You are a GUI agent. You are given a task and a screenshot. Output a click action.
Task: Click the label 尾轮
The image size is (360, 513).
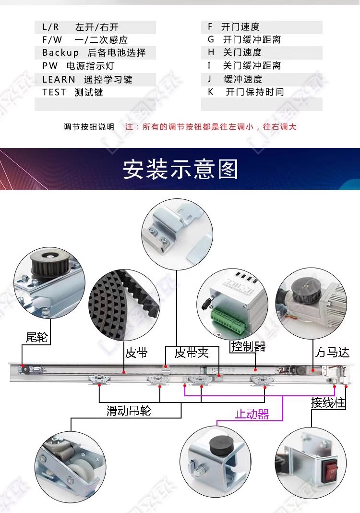tap(37, 337)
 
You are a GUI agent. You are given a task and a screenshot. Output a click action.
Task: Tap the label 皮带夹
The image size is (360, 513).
tap(192, 353)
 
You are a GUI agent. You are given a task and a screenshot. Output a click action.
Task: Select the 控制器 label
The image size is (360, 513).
tap(248, 346)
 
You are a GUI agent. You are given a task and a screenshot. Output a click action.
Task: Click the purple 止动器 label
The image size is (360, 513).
tap(252, 414)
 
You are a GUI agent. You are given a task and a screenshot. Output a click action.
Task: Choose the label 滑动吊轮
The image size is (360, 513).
tap(128, 411)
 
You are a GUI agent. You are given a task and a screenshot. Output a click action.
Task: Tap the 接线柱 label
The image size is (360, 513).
tap(328, 403)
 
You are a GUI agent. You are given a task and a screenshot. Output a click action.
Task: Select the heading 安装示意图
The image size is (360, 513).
tap(180, 170)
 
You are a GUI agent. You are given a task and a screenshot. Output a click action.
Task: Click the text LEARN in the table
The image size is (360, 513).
tap(59, 79)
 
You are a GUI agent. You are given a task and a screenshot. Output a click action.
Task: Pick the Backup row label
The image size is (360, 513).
tap(60, 53)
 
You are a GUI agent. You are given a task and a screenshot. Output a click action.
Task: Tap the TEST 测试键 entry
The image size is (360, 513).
tap(72, 92)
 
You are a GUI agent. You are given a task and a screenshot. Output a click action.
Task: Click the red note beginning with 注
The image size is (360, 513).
tap(211, 127)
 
